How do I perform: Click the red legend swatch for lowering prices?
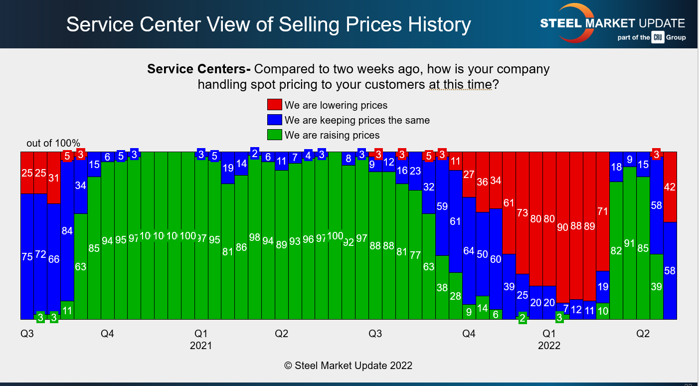pyautogui.click(x=275, y=105)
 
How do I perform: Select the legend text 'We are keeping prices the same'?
pyautogui.click(x=357, y=120)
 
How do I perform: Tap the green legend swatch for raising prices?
pyautogui.click(x=275, y=135)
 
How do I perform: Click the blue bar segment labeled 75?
pyautogui.click(x=27, y=256)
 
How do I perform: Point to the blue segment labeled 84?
pyautogui.click(x=67, y=230)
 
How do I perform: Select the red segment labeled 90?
pyautogui.click(x=563, y=227)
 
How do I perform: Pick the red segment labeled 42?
pyautogui.click(x=670, y=187)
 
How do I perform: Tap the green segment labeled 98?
pyautogui.click(x=255, y=237)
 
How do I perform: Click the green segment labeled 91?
pyautogui.click(x=630, y=243)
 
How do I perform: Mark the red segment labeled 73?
pyautogui.click(x=523, y=213)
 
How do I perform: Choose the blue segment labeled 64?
pyautogui.click(x=469, y=251)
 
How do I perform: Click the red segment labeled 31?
pyautogui.click(x=54, y=178)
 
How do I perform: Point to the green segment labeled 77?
pyautogui.click(x=415, y=255)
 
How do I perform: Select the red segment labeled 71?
pyautogui.click(x=603, y=211)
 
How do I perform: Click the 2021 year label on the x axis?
pyautogui.click(x=201, y=346)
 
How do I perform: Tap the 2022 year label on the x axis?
pyautogui.click(x=549, y=346)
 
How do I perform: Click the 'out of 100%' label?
pyautogui.click(x=53, y=144)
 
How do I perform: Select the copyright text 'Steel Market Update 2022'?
pyautogui.click(x=348, y=366)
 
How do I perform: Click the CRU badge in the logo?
pyautogui.click(x=658, y=37)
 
